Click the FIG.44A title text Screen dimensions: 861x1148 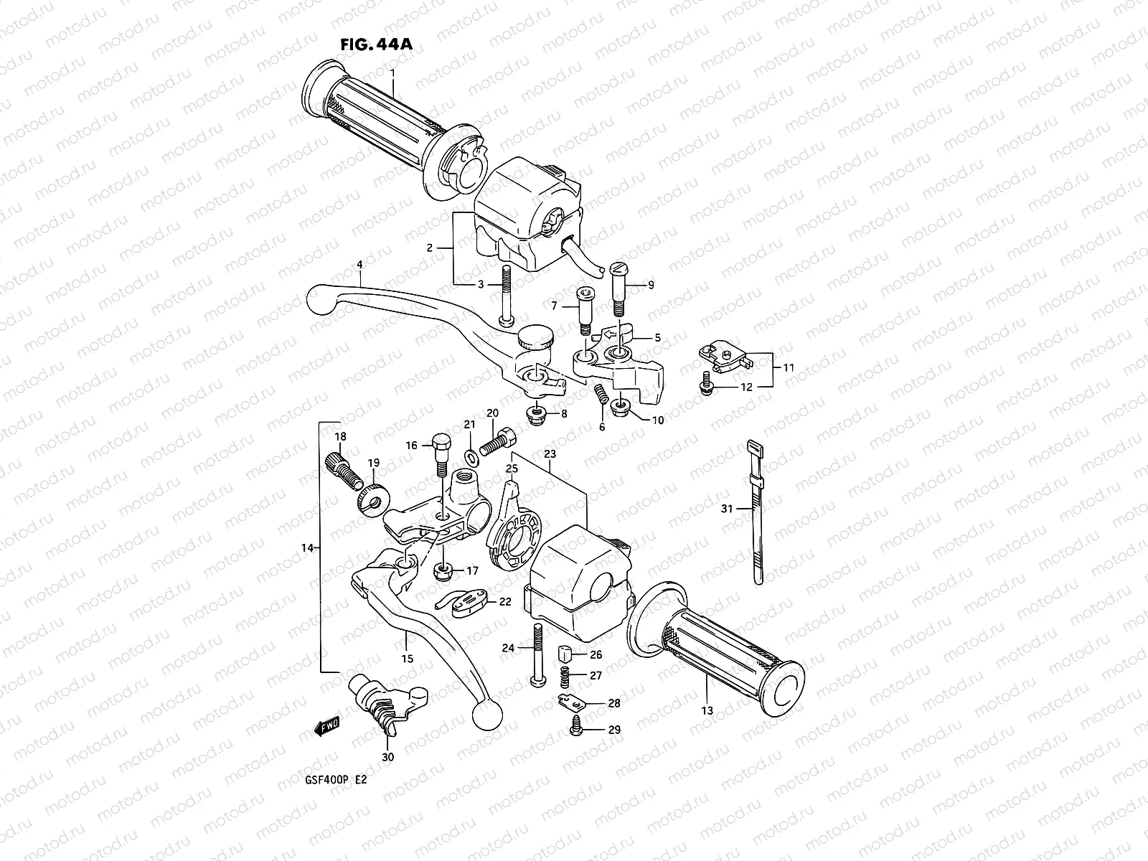coord(377,44)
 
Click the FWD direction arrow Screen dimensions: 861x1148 coord(326,726)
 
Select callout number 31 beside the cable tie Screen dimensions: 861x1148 coord(727,509)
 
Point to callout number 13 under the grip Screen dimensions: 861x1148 coord(707,710)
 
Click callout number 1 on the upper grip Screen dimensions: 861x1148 coord(392,72)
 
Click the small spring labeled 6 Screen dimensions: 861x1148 coord(601,394)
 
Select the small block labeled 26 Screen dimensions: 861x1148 coord(565,654)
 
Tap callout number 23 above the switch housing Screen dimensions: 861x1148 coord(550,453)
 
